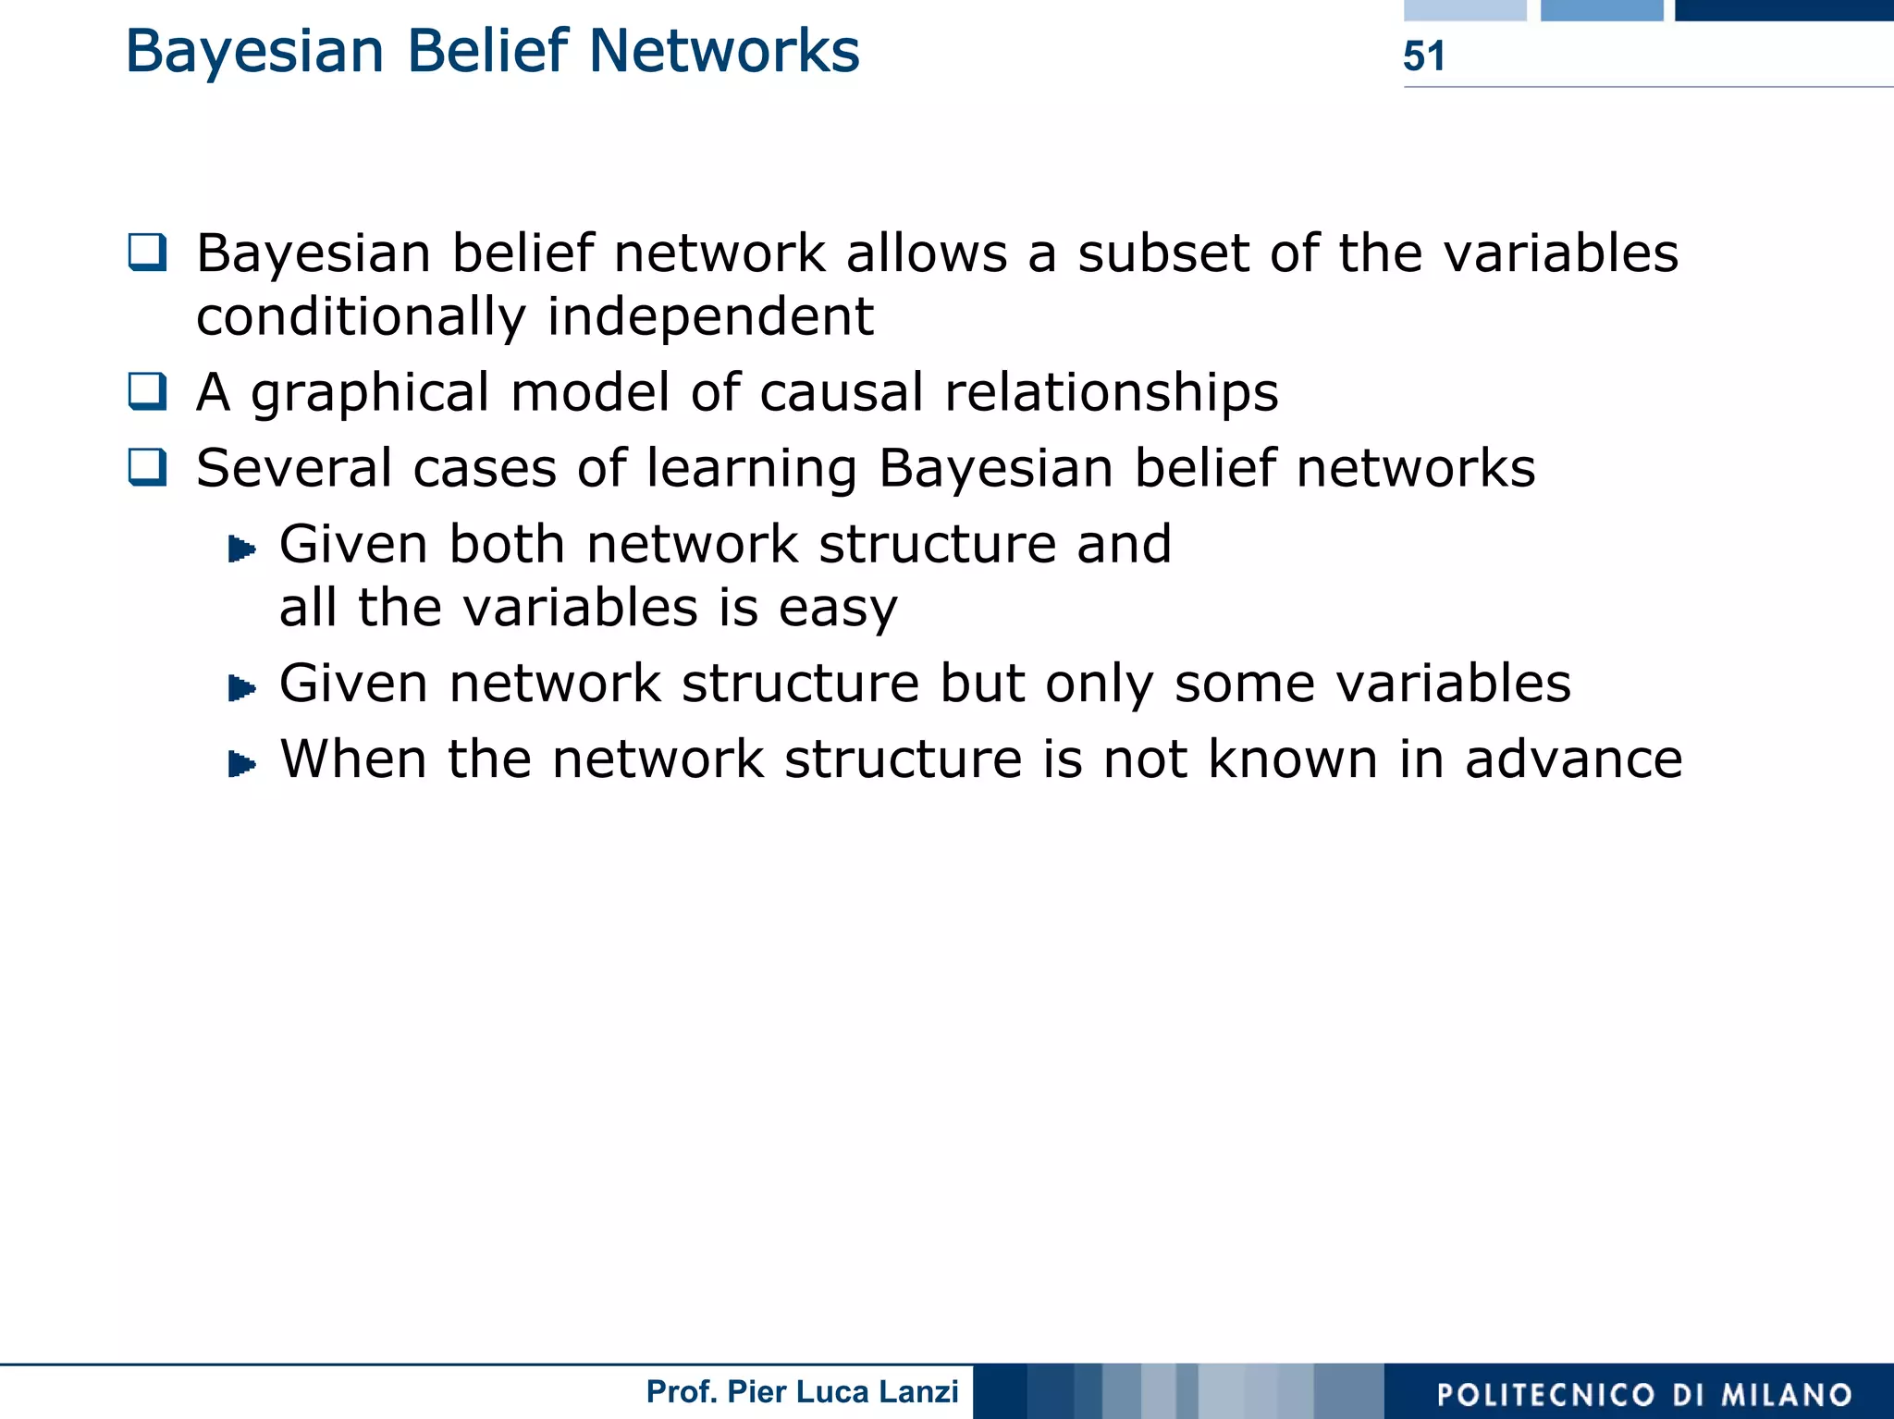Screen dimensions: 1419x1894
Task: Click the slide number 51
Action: pyautogui.click(x=1423, y=56)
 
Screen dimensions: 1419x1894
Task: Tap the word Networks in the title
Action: pyautogui.click(x=724, y=51)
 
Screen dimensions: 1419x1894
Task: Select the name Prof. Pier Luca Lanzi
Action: pyautogui.click(x=802, y=1391)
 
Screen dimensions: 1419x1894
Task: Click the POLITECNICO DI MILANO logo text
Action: pyautogui.click(x=1644, y=1394)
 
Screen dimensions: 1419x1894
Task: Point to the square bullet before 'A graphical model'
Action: pyautogui.click(x=147, y=390)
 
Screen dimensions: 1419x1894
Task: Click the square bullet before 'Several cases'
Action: pyautogui.click(x=147, y=466)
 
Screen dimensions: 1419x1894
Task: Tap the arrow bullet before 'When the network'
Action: pyautogui.click(x=241, y=763)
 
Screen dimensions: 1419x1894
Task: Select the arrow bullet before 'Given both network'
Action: pyautogui.click(x=241, y=549)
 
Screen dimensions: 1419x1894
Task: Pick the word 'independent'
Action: pyautogui.click(x=709, y=317)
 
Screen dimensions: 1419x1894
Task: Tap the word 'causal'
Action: pyautogui.click(x=841, y=392)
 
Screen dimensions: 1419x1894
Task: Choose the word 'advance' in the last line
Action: pyautogui.click(x=1573, y=759)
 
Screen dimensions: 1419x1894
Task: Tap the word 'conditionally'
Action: pyautogui.click(x=361, y=317)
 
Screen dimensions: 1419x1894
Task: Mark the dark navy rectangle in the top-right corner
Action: pyautogui.click(x=1783, y=10)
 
